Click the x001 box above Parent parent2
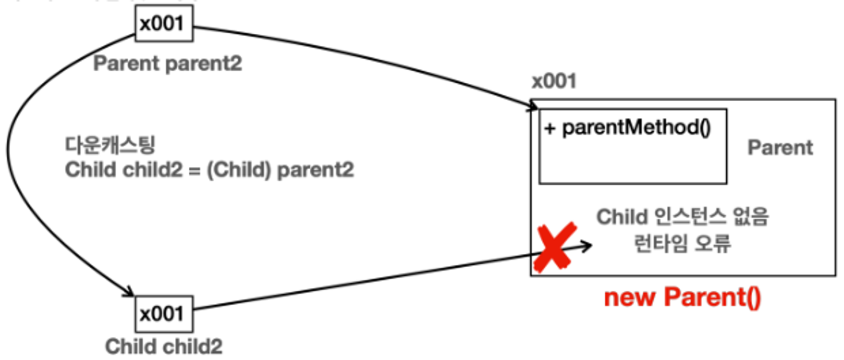tap(164, 24)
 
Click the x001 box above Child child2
tap(164, 314)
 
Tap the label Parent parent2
tap(168, 64)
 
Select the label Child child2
tap(164, 347)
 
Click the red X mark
tap(555, 247)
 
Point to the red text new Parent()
tap(682, 298)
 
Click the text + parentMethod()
tap(628, 127)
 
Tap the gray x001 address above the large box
tap(554, 81)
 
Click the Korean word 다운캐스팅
tap(110, 145)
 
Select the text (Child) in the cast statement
tap(238, 170)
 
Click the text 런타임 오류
tap(682, 244)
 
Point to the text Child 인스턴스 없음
tap(682, 217)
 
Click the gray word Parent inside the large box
tap(780, 148)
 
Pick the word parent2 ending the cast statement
tap(316, 170)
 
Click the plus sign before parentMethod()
tap(549, 128)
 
